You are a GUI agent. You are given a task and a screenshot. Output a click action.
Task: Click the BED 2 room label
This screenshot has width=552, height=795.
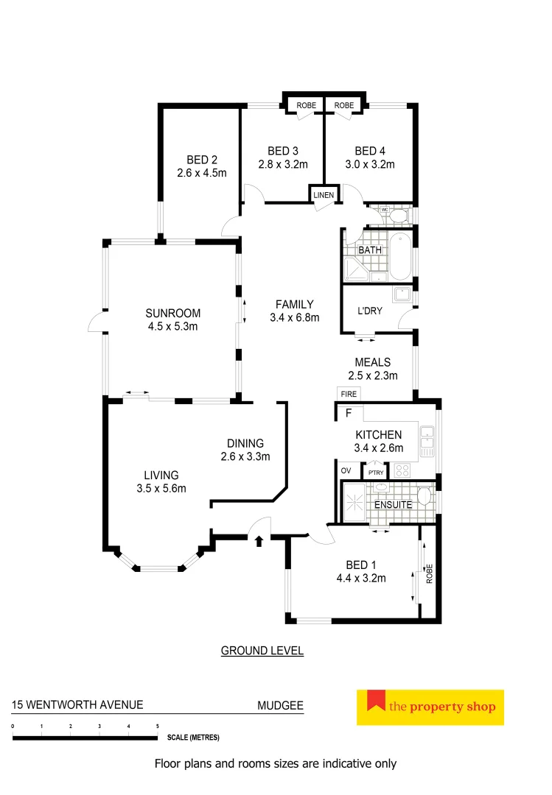(x=201, y=160)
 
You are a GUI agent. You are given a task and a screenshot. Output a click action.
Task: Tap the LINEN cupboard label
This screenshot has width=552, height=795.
(x=324, y=195)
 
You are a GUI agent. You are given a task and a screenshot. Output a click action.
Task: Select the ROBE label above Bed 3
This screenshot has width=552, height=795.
(x=306, y=106)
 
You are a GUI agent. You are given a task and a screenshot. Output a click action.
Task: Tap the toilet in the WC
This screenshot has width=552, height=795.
(x=398, y=215)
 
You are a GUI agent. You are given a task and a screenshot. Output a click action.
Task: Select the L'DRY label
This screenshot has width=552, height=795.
(x=370, y=311)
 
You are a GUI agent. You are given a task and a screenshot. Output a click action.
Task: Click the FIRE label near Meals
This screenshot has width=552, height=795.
(x=349, y=395)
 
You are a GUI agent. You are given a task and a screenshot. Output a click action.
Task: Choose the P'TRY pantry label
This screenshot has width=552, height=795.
(x=375, y=472)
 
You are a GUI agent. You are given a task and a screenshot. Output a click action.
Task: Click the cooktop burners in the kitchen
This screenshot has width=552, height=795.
(x=403, y=469)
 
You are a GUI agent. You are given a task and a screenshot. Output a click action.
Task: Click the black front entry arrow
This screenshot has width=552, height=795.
(x=259, y=542)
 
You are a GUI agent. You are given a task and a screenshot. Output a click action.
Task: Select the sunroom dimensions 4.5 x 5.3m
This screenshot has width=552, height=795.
(x=172, y=326)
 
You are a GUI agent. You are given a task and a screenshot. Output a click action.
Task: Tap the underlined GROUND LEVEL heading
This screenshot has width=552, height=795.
(x=262, y=651)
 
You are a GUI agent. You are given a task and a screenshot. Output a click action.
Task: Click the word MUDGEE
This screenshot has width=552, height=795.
(x=279, y=705)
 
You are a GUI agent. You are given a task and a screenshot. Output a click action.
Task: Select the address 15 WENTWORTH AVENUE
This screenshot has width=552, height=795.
(x=77, y=705)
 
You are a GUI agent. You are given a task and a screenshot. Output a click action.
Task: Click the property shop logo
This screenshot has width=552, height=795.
(x=430, y=707)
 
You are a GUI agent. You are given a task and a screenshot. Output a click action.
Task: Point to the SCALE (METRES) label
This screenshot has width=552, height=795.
(x=193, y=737)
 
